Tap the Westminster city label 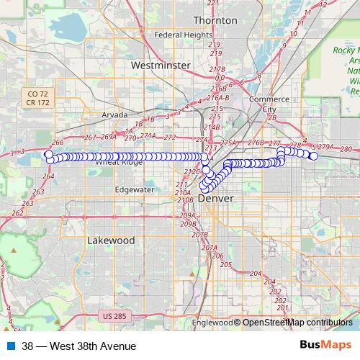161,65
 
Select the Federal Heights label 179,35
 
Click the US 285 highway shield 114,316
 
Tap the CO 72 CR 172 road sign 37,99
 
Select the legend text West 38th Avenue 78,346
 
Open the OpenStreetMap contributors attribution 297,323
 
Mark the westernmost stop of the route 48,154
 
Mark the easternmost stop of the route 314,156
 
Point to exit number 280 346,149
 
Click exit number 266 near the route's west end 58,143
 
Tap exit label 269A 109,137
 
